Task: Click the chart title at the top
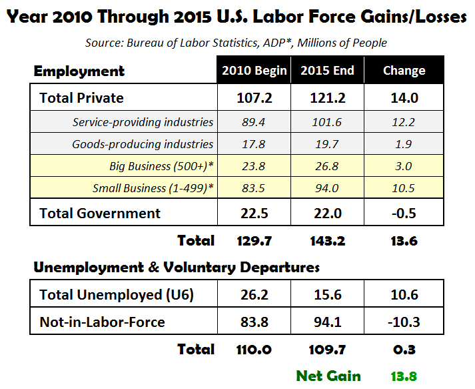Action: [237, 16]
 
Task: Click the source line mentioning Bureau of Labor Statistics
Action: [237, 43]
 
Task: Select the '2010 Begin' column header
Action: [254, 71]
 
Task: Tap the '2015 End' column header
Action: [327, 71]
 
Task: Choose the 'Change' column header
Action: [404, 71]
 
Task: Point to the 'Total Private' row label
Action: [82, 98]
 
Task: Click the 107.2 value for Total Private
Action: [254, 98]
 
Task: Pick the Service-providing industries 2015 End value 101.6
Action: [327, 122]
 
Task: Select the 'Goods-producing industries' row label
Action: [143, 144]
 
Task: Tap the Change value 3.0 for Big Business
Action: [404, 166]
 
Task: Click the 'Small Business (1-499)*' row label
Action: [153, 188]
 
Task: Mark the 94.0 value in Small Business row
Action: [327, 188]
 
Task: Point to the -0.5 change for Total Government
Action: [404, 214]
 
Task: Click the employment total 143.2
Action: [327, 241]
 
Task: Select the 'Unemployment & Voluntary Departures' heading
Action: [177, 268]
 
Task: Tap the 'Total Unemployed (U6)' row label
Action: [117, 295]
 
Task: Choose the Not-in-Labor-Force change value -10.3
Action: [404, 323]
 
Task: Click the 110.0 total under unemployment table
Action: [254, 350]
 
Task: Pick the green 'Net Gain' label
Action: [328, 376]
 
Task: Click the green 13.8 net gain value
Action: [404, 376]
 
